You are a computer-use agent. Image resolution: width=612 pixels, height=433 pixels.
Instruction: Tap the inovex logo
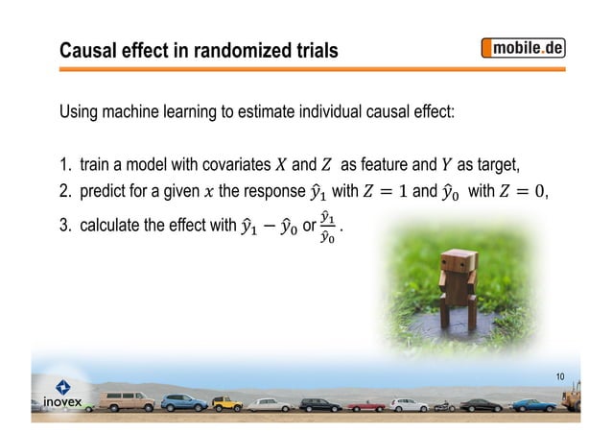tap(60, 395)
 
